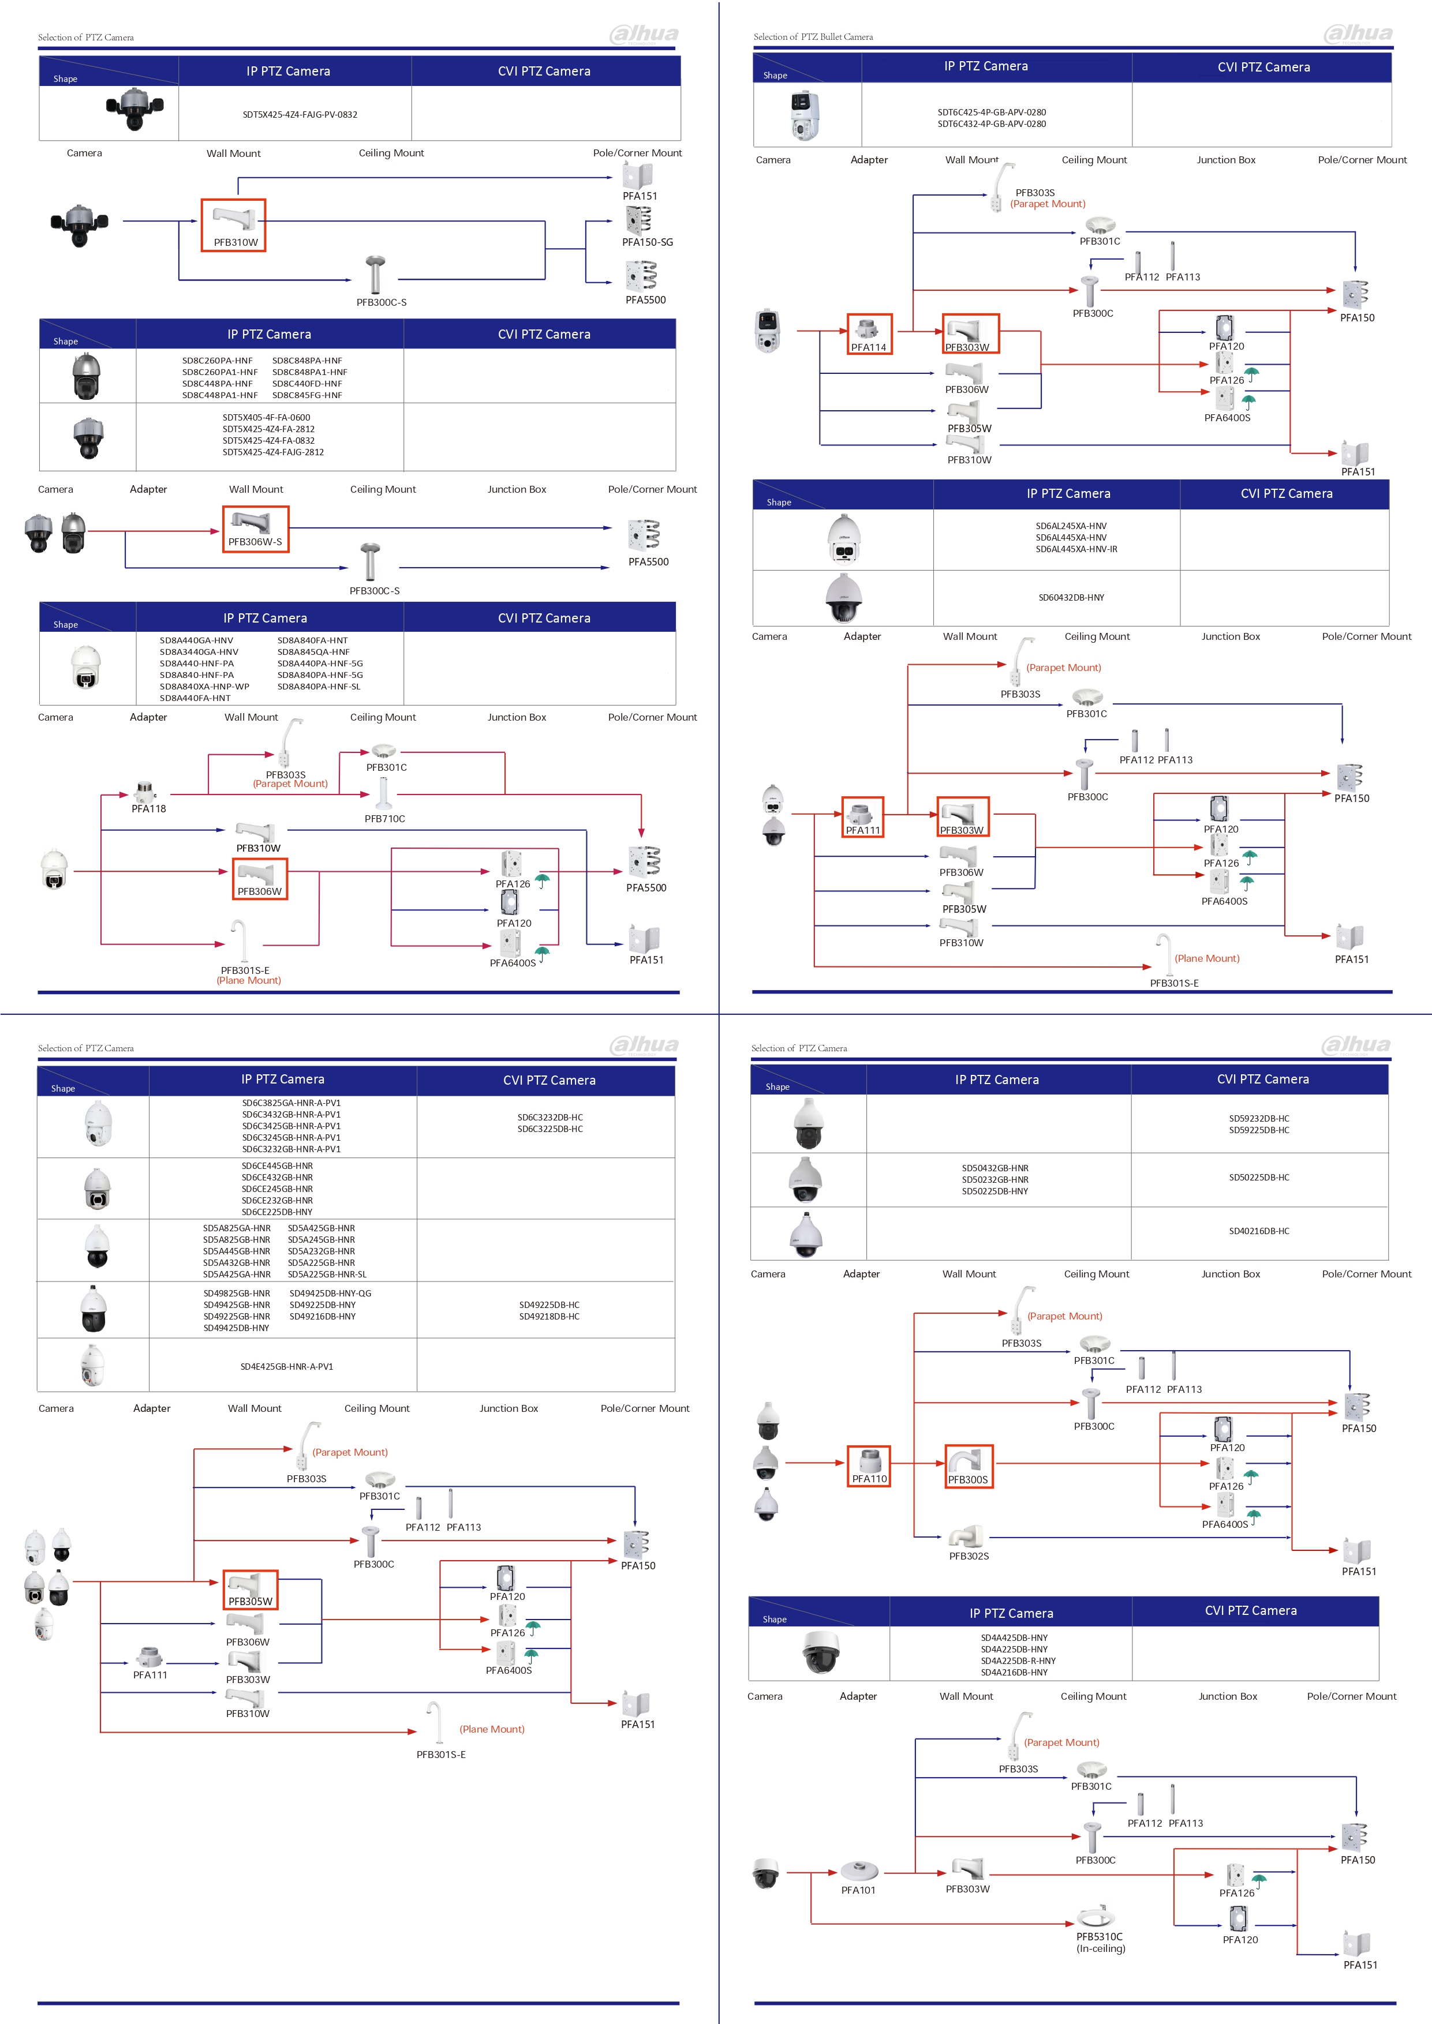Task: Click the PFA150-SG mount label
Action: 647,242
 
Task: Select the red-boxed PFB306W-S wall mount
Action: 256,529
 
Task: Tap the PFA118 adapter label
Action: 149,808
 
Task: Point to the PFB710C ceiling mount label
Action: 386,819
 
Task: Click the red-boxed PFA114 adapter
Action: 869,334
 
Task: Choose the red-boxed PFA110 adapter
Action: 869,1467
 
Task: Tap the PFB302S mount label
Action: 969,1556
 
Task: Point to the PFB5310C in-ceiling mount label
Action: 1100,1937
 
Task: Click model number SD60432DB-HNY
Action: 1071,598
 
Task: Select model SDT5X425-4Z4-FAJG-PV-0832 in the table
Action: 300,115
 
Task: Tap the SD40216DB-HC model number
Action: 1259,1231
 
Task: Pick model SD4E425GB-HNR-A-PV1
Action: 287,1366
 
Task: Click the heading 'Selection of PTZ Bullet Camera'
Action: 813,37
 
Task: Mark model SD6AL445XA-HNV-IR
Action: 1076,549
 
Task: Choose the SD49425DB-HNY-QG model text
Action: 331,1293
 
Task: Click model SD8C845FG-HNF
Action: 307,395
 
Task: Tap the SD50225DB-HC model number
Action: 1259,1177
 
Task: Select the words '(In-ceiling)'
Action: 1101,1948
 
